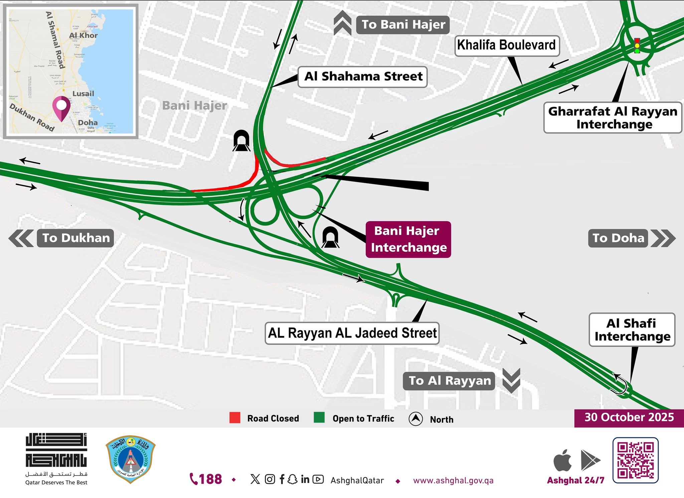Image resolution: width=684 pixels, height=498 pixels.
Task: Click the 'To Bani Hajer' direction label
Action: coord(403,25)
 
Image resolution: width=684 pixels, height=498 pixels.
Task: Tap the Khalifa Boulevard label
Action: coord(507,45)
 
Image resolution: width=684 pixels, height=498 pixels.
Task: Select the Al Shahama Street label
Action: coord(363,76)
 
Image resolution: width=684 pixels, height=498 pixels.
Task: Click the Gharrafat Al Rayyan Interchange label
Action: coord(613,117)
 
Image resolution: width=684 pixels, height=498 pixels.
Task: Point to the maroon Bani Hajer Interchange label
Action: coord(408,239)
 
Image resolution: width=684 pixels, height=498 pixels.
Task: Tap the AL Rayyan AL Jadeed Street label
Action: coord(352,333)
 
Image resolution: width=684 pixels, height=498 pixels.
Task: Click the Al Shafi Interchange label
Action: coord(632,330)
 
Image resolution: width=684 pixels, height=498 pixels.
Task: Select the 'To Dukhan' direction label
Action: coord(75,238)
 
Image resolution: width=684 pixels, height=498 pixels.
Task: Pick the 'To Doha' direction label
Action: coord(618,238)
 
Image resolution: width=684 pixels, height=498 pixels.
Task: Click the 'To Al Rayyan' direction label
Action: coord(449,381)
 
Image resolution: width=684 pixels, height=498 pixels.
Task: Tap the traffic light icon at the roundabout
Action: coord(637,46)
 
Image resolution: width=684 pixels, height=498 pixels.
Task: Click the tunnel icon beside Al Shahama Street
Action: coord(241,141)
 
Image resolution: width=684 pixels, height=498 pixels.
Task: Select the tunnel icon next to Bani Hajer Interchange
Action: coord(331,237)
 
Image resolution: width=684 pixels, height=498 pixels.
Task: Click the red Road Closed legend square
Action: coord(235,418)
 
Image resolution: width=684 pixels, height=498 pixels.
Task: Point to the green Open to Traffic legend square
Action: coord(319,418)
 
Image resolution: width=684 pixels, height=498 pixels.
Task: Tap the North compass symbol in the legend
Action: coord(415,419)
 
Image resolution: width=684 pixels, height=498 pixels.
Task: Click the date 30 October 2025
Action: coord(629,417)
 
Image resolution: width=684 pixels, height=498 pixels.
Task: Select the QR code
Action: coord(635,460)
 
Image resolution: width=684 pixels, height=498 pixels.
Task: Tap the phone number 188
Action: coord(206,479)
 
